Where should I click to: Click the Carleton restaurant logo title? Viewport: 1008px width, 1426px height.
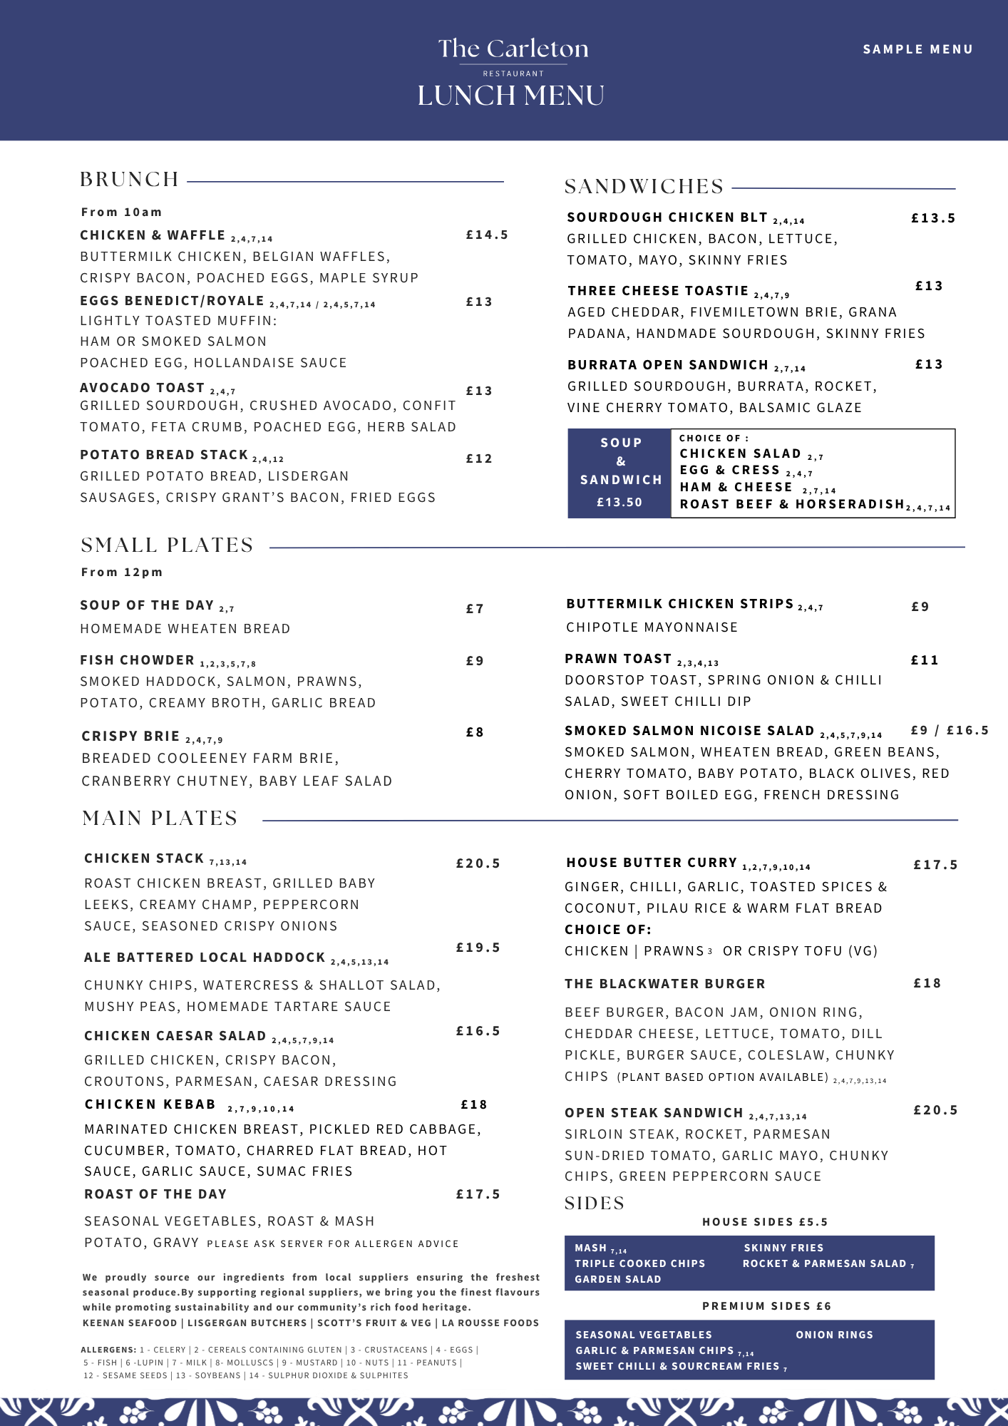513,48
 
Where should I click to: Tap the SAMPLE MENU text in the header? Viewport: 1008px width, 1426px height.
917,49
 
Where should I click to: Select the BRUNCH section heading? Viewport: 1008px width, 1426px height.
130,179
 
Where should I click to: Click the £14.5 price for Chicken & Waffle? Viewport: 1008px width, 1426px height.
487,235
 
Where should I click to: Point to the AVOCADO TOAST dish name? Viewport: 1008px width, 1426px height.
143,388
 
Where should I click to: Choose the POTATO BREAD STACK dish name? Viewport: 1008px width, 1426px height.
164,455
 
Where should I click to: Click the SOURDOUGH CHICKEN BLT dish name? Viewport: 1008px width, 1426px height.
667,217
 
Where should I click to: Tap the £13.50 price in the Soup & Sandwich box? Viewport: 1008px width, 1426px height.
619,502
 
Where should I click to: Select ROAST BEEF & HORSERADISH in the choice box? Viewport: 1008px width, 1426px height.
791,504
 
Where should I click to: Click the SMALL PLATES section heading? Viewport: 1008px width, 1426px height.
168,545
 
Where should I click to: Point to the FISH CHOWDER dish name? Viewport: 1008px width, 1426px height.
137,660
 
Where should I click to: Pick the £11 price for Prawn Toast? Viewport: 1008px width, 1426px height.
925,660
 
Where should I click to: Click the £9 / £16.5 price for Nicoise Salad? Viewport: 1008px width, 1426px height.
950,730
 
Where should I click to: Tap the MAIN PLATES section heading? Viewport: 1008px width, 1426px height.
160,818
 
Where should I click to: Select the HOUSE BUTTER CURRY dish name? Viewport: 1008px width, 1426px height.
652,863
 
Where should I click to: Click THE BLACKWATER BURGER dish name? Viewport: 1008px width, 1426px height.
664,984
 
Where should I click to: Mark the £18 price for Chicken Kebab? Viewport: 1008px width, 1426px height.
474,1104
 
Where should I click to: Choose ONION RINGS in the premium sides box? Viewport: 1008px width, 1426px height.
834,1335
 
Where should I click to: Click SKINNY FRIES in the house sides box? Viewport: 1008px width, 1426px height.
783,1248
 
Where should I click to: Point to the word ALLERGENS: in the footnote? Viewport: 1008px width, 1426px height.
108,1350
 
